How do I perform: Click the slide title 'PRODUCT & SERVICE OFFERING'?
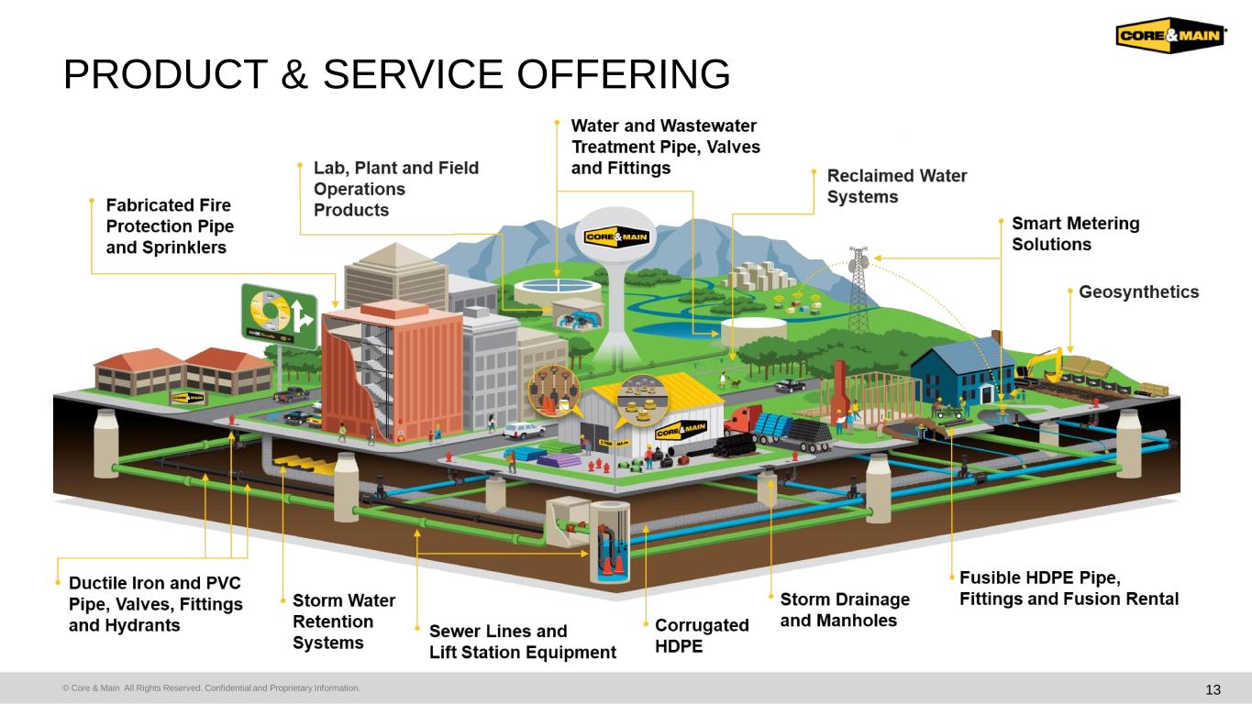tap(396, 74)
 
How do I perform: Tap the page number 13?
tap(1213, 689)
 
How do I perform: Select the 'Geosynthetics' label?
tap(1138, 292)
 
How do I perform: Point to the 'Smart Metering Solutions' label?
tap(1075, 234)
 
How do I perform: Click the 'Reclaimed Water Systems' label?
tap(896, 186)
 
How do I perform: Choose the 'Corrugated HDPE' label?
tap(702, 635)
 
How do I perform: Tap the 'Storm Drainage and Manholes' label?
tap(845, 610)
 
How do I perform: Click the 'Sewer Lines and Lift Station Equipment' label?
tap(522, 642)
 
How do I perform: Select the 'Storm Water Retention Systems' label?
tap(344, 621)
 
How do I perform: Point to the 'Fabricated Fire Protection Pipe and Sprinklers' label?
tap(170, 225)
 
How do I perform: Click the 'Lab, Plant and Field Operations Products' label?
tap(395, 189)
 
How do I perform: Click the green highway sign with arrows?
tap(279, 313)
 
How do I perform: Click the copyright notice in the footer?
tap(211, 687)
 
